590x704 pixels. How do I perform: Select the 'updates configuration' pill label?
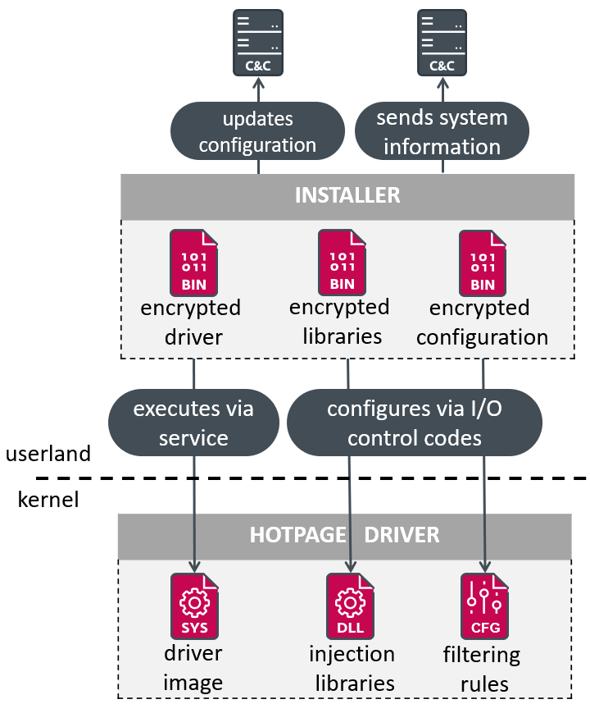(x=257, y=132)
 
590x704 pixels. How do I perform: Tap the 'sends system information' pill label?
(x=442, y=132)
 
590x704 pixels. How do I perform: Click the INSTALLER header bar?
(x=347, y=195)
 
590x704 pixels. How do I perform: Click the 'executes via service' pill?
(x=193, y=423)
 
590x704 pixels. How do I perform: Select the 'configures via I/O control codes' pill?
(x=414, y=423)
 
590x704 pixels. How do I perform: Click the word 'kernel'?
(x=48, y=500)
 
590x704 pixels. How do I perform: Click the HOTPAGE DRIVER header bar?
(x=344, y=536)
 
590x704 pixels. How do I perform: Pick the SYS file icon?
(x=195, y=606)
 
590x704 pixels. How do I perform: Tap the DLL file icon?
(x=351, y=606)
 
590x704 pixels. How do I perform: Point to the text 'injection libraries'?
(x=352, y=669)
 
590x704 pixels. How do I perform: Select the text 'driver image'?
(x=193, y=669)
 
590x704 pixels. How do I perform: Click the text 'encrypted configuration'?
(x=488, y=322)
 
